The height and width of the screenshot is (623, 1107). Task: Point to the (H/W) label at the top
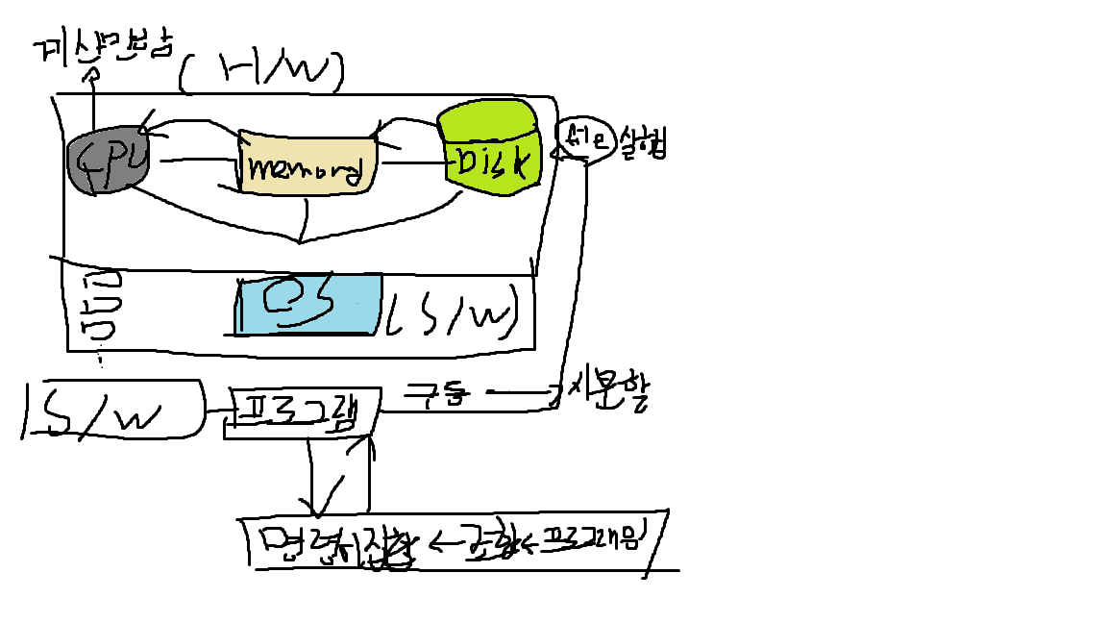[261, 71]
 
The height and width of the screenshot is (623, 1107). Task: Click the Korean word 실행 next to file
[639, 141]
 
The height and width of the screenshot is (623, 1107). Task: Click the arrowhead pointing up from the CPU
[94, 74]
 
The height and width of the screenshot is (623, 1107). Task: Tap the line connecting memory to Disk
[412, 163]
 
